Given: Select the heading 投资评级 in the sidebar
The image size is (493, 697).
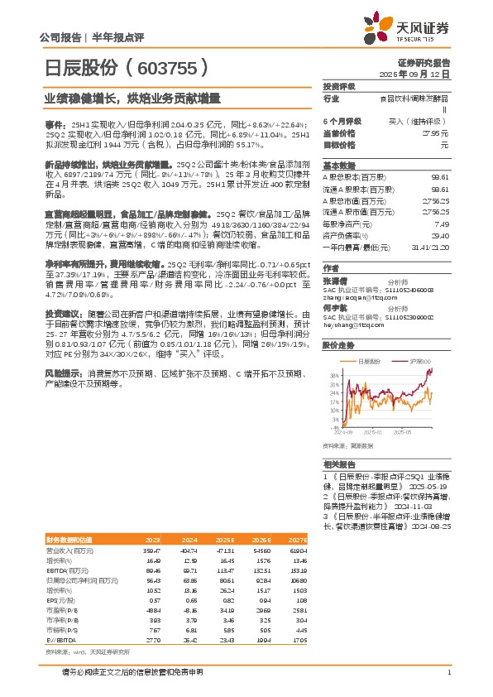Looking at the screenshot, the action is [338, 86].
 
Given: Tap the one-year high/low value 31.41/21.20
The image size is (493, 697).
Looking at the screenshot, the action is [429, 246].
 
